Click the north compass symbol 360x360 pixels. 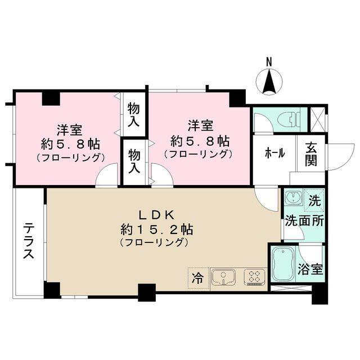pyautogui.click(x=269, y=80)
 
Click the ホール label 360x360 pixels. pyautogui.click(x=273, y=153)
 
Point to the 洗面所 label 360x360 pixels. pyautogui.click(x=304, y=220)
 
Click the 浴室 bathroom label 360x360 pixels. pyautogui.click(x=310, y=269)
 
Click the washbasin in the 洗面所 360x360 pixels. pyautogui.click(x=291, y=198)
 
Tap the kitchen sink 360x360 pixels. pyautogui.click(x=223, y=277)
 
